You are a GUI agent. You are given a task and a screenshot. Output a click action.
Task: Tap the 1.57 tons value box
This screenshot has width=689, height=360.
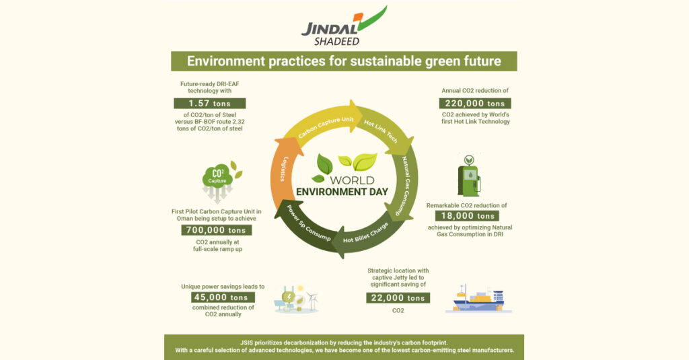[x=210, y=104]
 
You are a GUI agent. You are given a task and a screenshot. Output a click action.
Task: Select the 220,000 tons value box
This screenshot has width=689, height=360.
[x=475, y=104]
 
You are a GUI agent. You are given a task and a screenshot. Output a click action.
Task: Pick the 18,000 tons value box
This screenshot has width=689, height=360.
[x=467, y=216]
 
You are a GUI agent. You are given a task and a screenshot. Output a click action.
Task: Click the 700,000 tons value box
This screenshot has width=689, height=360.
[x=216, y=230]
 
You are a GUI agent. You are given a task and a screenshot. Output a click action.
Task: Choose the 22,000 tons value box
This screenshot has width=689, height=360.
[x=398, y=297]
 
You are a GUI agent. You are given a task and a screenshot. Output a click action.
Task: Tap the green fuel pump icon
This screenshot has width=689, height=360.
[x=469, y=176]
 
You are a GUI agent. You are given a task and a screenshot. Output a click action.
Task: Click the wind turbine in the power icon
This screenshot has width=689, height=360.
[x=312, y=300]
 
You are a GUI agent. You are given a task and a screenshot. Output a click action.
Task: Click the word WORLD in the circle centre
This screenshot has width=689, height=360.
[x=352, y=180]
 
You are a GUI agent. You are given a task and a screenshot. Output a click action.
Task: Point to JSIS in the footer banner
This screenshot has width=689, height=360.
[x=246, y=343]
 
